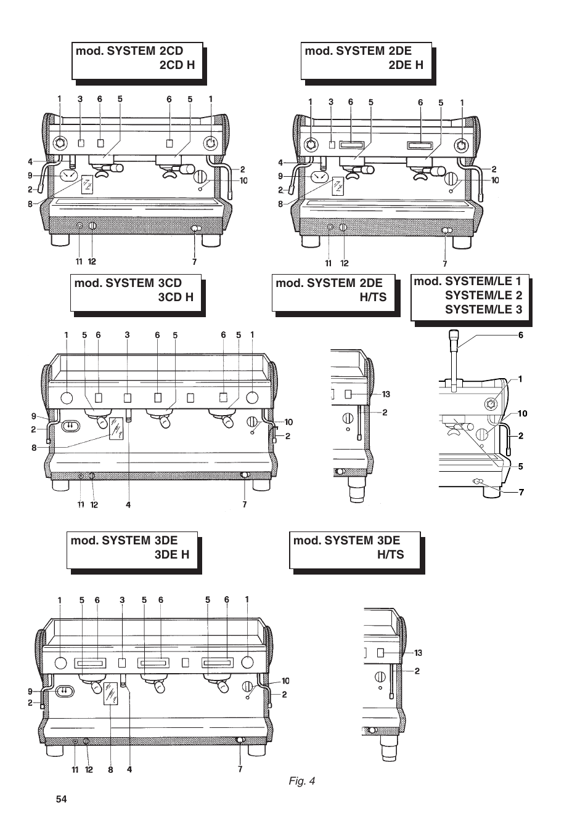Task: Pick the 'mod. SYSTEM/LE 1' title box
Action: [x=469, y=297]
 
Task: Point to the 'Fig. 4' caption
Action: [x=302, y=781]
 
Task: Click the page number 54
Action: [x=61, y=799]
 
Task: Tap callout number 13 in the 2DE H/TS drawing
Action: [x=386, y=394]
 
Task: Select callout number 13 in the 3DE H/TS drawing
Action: [x=418, y=653]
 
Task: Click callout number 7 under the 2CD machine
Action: [x=194, y=261]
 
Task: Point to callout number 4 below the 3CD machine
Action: [x=128, y=504]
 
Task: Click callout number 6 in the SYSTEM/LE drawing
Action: [x=521, y=336]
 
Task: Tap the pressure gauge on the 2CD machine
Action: [x=68, y=177]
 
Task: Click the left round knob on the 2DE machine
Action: [x=311, y=145]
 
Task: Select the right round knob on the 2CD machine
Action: [x=211, y=143]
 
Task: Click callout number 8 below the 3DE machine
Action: [x=111, y=769]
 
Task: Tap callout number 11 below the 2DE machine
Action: [x=329, y=263]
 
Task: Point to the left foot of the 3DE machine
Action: [x=54, y=751]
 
